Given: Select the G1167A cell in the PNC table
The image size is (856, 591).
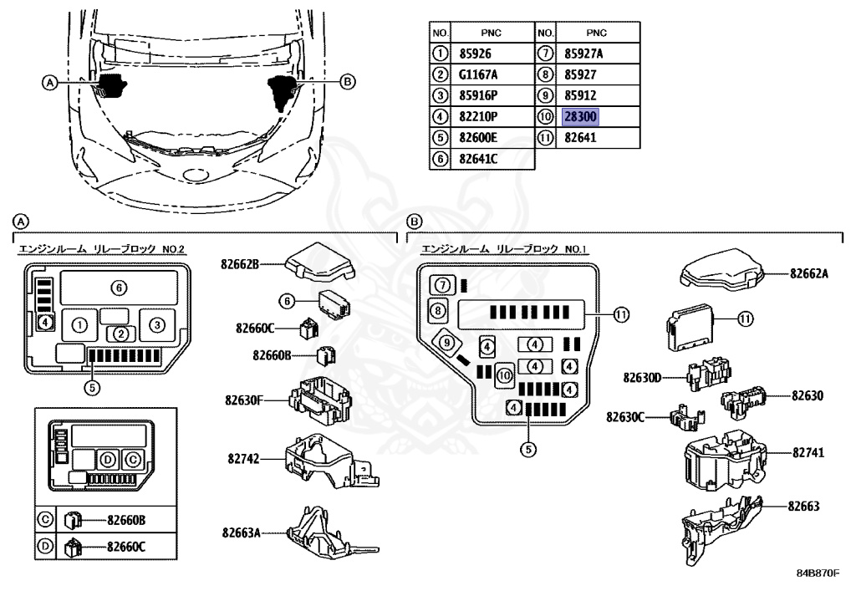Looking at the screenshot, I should point(477,74).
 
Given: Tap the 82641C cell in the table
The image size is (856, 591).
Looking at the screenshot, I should point(477,159).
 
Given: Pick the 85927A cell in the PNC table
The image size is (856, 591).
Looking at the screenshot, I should point(583,53).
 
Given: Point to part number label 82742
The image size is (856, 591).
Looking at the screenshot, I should point(243,459).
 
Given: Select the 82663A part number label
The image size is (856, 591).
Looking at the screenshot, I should point(241,532).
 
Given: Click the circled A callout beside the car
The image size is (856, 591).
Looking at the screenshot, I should point(49,82).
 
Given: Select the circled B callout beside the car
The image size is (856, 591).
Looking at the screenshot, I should point(349,81).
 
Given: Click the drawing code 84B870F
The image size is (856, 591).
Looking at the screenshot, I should point(817,573).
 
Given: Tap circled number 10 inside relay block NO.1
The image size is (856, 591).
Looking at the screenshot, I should point(504,376).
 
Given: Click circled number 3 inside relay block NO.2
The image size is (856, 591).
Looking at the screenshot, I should point(161,324).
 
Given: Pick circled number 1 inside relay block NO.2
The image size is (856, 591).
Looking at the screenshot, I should point(79,324).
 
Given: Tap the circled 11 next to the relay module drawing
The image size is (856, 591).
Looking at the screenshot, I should point(745,318).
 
